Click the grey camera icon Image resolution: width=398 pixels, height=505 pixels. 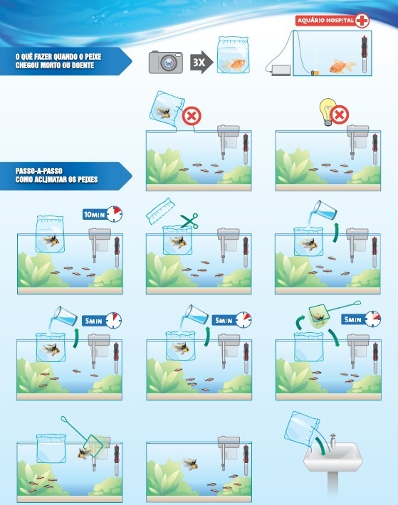(x=164, y=62)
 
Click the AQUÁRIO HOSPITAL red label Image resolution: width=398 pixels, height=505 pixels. (x=325, y=21)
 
